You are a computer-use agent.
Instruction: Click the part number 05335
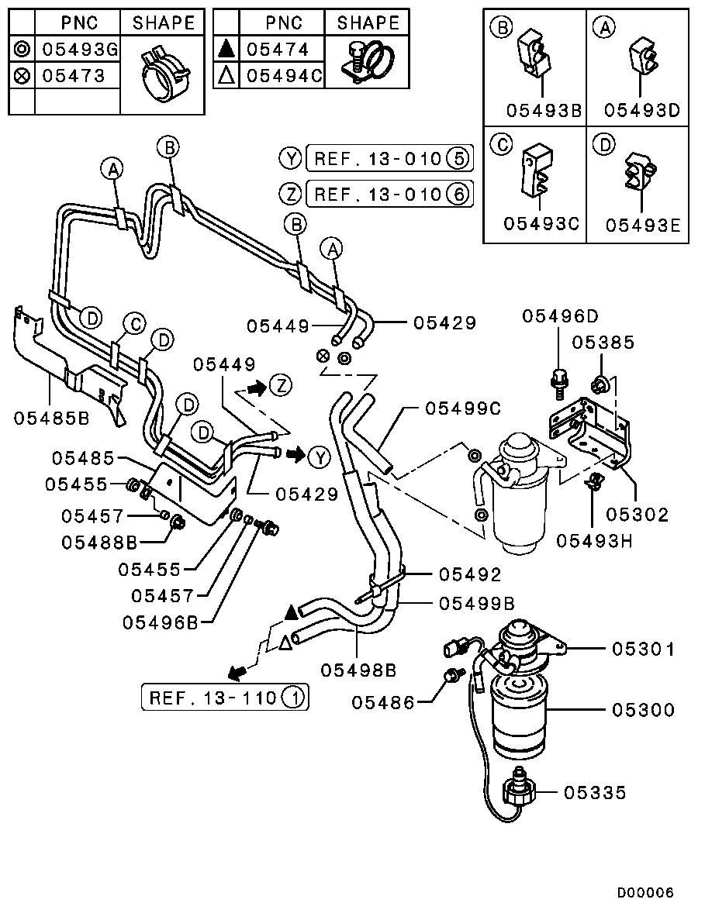click(x=595, y=793)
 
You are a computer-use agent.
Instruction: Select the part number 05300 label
click(x=643, y=710)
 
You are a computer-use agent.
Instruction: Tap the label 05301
click(x=643, y=649)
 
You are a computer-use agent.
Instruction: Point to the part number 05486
click(x=382, y=702)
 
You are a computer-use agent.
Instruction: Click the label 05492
click(x=470, y=574)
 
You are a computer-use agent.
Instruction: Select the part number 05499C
click(x=463, y=408)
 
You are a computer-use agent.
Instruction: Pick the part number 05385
click(x=603, y=343)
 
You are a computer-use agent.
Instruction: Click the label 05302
click(x=637, y=515)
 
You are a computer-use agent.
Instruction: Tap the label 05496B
click(x=161, y=622)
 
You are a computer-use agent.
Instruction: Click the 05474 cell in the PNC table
click(x=278, y=50)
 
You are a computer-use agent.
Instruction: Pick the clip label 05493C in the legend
click(x=541, y=224)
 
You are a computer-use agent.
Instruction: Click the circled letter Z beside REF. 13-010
click(x=290, y=193)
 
